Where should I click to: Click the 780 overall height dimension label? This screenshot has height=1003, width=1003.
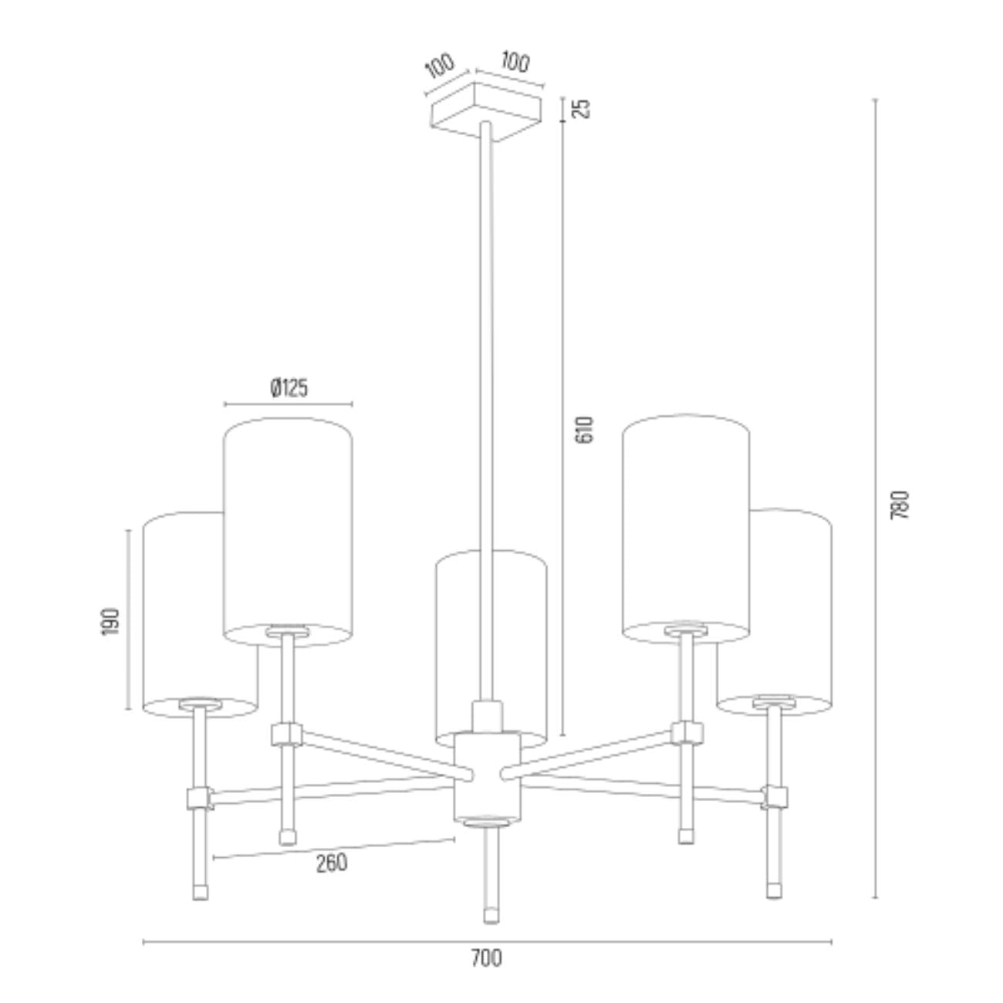900,505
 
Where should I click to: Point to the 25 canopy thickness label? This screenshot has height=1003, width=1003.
583,108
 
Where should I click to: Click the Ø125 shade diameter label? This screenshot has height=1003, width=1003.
289,388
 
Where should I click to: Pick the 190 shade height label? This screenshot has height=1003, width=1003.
110,621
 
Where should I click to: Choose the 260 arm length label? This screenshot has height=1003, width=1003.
331,863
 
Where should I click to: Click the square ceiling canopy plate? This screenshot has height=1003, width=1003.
485,111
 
